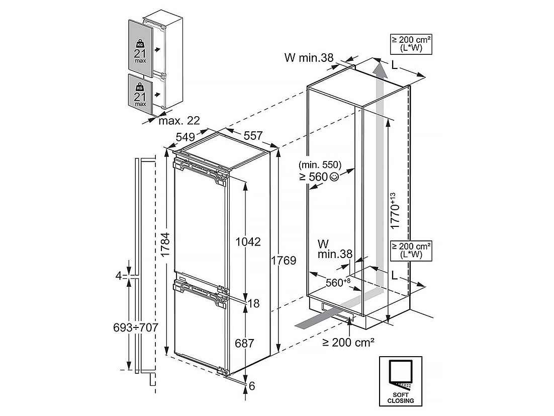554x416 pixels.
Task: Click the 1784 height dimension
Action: [166, 244]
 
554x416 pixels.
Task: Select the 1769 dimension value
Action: [284, 261]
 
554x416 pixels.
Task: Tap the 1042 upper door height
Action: [248, 242]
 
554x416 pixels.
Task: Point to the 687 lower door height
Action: [244, 343]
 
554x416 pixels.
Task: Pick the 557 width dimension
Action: [253, 136]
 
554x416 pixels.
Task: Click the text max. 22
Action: [179, 121]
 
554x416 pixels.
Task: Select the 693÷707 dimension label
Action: [135, 327]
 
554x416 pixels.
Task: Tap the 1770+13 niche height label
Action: [395, 211]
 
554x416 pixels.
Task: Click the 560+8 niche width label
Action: [338, 282]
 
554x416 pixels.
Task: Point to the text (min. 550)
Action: [320, 164]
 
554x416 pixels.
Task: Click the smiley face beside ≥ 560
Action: [334, 177]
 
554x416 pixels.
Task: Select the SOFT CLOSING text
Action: [400, 397]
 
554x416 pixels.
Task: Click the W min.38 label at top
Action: [309, 58]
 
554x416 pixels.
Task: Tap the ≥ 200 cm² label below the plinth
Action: [348, 342]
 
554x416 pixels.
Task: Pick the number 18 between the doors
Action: [254, 303]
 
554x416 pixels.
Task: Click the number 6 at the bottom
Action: [251, 386]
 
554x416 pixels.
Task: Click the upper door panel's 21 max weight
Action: [140, 56]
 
